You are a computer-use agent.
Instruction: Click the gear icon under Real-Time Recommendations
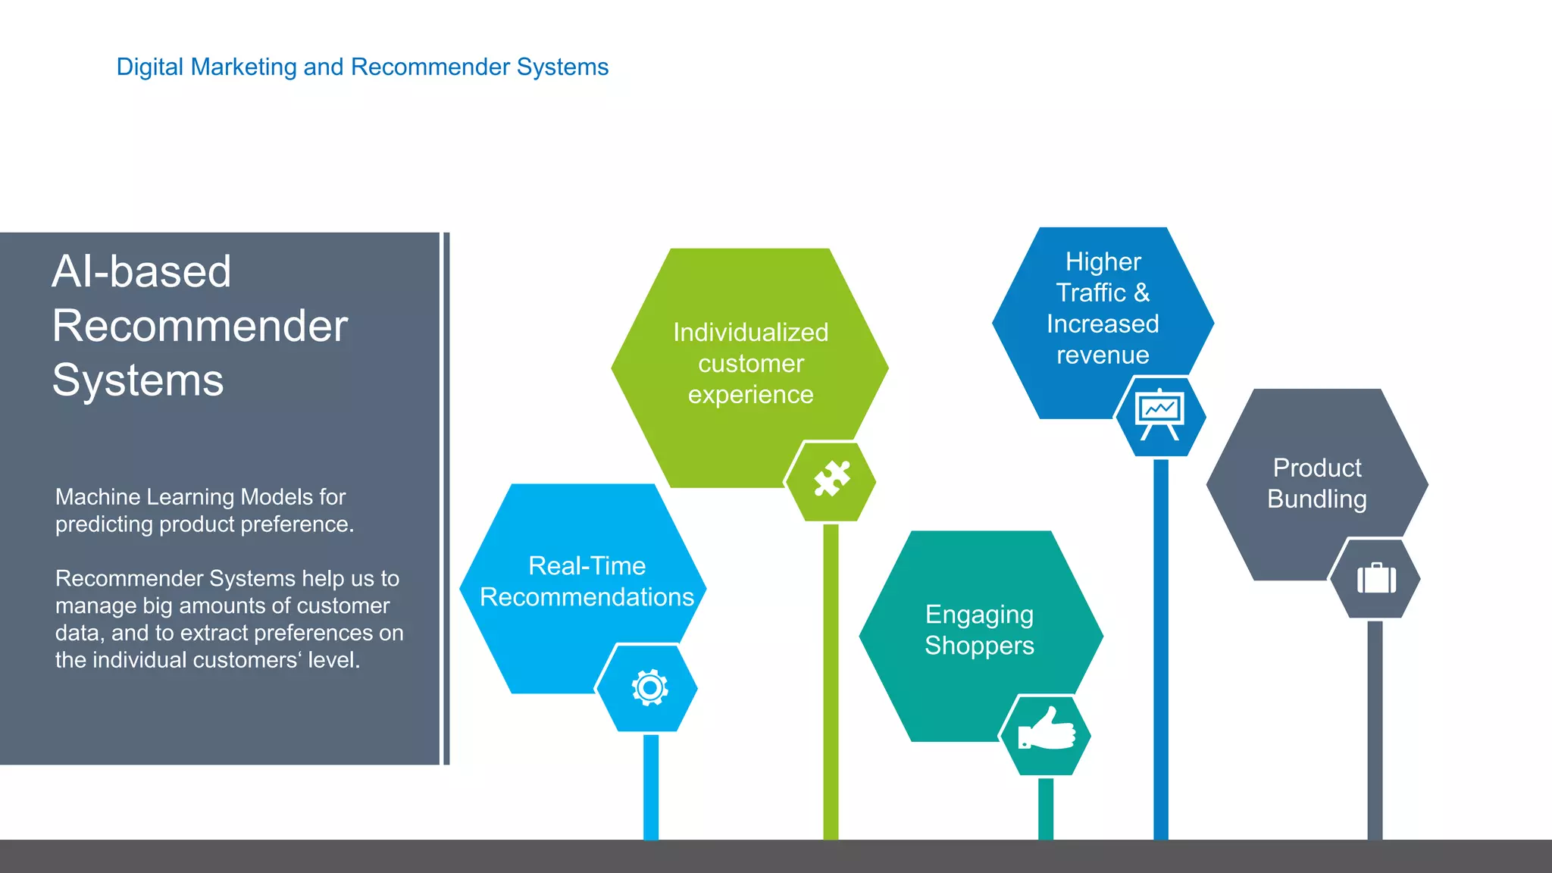(649, 688)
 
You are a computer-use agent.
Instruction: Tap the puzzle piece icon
(831, 479)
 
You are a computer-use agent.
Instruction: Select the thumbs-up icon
(1047, 730)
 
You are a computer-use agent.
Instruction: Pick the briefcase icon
(1376, 579)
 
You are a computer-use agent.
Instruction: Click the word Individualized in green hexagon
(750, 332)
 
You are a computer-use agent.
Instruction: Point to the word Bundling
(1316, 499)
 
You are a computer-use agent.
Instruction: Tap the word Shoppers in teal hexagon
(979, 646)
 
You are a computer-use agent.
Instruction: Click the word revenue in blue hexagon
(1103, 355)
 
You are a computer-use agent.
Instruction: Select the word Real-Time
(587, 565)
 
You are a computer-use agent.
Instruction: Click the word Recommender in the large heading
(199, 326)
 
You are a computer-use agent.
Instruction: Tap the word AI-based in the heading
(141, 271)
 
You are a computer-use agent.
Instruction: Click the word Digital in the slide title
(150, 67)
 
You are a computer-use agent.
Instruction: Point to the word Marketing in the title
(243, 67)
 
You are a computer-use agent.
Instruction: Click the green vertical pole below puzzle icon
(831, 682)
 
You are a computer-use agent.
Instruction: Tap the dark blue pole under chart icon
(1160, 644)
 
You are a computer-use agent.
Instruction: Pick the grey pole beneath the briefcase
(1375, 727)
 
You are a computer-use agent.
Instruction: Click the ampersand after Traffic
(1142, 293)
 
